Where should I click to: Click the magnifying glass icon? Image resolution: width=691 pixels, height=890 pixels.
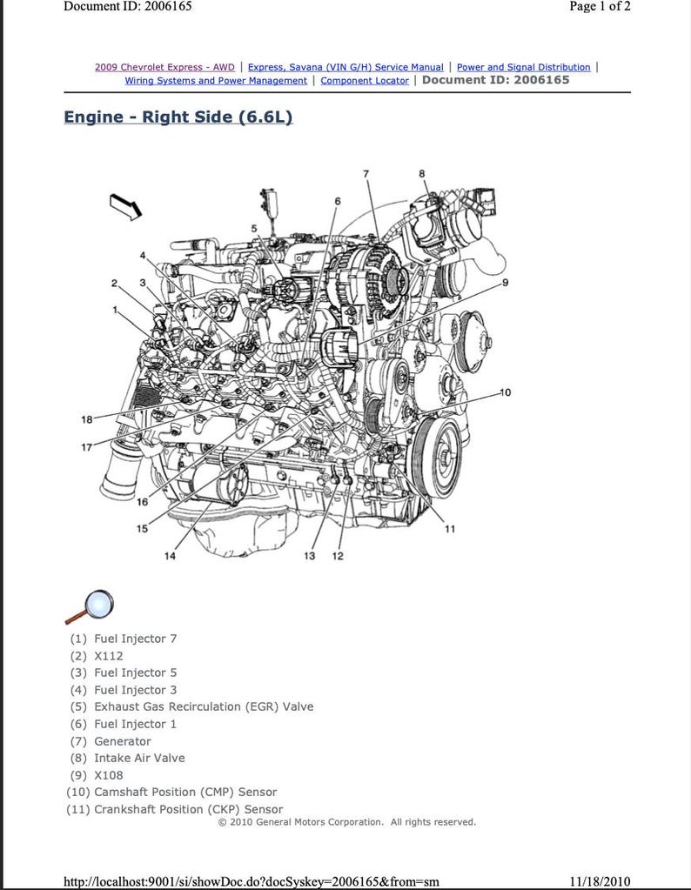[90, 606]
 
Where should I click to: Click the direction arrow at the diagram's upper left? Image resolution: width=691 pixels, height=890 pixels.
[125, 207]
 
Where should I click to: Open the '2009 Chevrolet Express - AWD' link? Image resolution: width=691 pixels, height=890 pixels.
[164, 67]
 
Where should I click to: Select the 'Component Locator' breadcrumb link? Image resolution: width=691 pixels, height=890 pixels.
[364, 81]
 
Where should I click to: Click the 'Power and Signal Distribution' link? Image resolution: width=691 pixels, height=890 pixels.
[523, 67]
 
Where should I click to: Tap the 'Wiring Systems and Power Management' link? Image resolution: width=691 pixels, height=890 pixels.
[216, 81]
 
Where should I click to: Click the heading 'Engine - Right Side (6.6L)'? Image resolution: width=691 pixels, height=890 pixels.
[178, 117]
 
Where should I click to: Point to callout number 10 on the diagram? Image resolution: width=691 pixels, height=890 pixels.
[505, 392]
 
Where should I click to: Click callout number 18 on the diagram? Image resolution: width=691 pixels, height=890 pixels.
[86, 420]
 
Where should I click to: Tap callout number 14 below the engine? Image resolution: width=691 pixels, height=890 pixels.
[171, 557]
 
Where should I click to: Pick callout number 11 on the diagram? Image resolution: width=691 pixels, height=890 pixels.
[450, 528]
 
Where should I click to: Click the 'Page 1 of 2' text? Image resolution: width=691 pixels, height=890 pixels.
[600, 7]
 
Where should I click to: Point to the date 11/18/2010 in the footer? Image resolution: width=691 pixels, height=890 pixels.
[599, 881]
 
